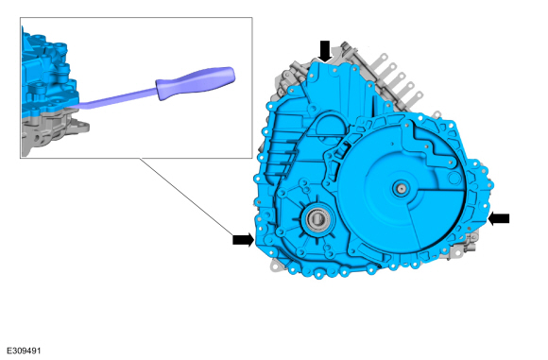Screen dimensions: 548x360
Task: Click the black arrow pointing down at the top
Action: coord(325,51)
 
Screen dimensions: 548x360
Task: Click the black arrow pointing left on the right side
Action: coord(498,219)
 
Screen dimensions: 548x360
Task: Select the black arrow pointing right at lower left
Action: coord(243,240)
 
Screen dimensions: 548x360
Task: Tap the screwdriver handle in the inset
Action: coord(195,83)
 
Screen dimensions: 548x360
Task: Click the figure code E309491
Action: coord(24,351)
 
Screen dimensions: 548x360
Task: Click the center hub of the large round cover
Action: coord(402,189)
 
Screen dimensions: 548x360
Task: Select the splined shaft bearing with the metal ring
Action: coord(317,219)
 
